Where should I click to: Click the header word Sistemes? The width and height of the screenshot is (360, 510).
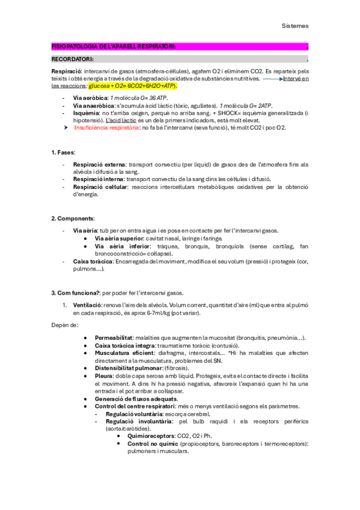pos(295,26)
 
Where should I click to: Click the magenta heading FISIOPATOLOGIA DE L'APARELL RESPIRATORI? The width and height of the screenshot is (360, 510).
pos(115,47)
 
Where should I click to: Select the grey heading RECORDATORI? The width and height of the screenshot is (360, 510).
pos(72,60)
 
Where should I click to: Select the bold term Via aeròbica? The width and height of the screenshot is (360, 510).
pos(90,97)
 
